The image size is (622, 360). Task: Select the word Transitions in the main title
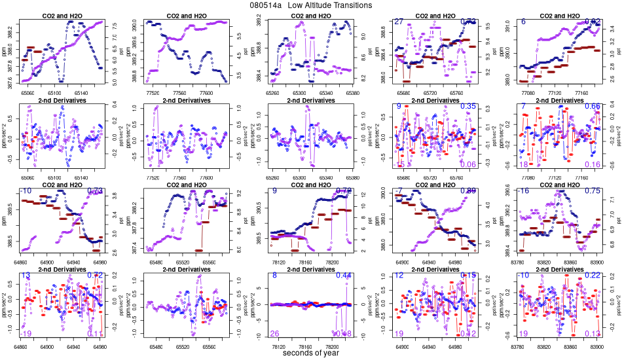(x=352, y=5)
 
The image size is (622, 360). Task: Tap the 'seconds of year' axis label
(x=310, y=353)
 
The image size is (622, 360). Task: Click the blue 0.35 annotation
(x=468, y=106)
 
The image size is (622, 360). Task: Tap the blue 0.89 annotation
(x=468, y=190)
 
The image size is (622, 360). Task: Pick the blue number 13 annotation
(x=26, y=276)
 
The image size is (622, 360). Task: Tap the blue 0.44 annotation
(x=344, y=276)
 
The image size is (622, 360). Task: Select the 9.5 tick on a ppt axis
(x=488, y=26)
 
